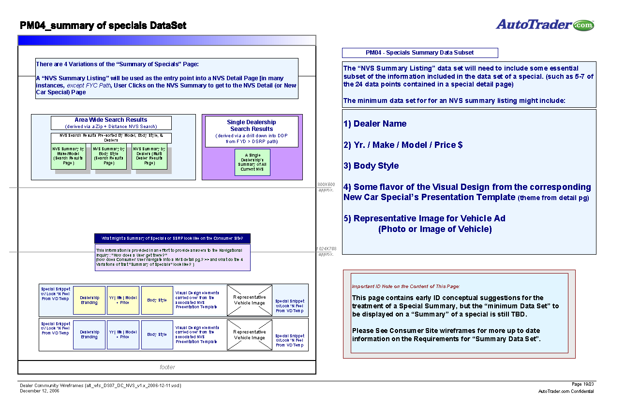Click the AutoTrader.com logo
click(x=545, y=25)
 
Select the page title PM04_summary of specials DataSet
click(x=103, y=26)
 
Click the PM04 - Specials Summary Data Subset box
click(x=419, y=53)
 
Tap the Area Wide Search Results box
click(x=111, y=123)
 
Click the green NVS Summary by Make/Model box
click(x=68, y=157)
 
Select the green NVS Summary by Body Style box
click(x=108, y=157)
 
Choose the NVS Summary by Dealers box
click(x=149, y=157)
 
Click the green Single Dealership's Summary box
click(x=252, y=162)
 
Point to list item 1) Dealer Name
click(x=375, y=124)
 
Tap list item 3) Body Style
click(x=371, y=166)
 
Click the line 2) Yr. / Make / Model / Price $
click(x=403, y=145)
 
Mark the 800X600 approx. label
click(x=326, y=187)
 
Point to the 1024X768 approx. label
click(x=326, y=251)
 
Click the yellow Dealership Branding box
click(x=89, y=300)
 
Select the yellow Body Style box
click(x=157, y=300)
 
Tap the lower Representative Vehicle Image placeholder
click(x=249, y=335)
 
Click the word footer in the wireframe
click(x=167, y=367)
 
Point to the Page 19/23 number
click(x=583, y=384)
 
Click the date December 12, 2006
click(x=40, y=390)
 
